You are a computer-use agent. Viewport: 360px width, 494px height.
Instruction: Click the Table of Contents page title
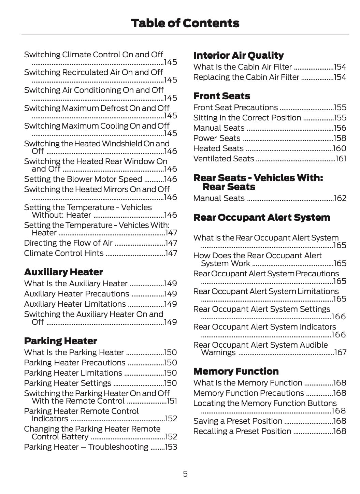(185, 23)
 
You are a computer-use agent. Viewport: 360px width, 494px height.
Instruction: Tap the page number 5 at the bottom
(185, 474)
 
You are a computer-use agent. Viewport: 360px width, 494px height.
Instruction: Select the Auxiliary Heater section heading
(63, 272)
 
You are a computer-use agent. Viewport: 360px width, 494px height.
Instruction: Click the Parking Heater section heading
(60, 341)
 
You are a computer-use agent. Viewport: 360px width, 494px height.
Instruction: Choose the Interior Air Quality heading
(238, 55)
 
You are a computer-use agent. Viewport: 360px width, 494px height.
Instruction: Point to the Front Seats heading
(221, 96)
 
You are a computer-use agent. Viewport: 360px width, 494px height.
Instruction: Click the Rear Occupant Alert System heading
(261, 217)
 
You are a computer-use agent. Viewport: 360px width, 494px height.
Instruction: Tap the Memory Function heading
(236, 371)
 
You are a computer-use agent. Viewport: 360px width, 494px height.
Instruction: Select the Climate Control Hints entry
(64, 253)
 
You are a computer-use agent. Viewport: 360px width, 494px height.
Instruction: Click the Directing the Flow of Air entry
(68, 243)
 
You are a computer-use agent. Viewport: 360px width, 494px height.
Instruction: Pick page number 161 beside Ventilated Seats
(341, 159)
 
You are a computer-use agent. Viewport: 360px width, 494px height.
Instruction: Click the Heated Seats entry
(218, 148)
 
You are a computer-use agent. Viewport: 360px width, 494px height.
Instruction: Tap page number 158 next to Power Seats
(340, 138)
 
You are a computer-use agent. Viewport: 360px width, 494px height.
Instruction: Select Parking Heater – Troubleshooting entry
(86, 447)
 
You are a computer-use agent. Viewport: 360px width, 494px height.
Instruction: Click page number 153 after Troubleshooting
(171, 447)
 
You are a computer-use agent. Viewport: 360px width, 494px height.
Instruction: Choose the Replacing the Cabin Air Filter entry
(246, 77)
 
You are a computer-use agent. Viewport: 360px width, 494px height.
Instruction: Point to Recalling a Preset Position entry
(242, 431)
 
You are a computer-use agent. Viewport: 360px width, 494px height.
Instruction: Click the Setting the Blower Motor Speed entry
(83, 179)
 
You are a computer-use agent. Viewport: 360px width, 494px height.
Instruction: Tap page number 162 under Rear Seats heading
(340, 198)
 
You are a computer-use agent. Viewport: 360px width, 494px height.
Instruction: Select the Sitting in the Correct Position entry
(247, 118)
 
